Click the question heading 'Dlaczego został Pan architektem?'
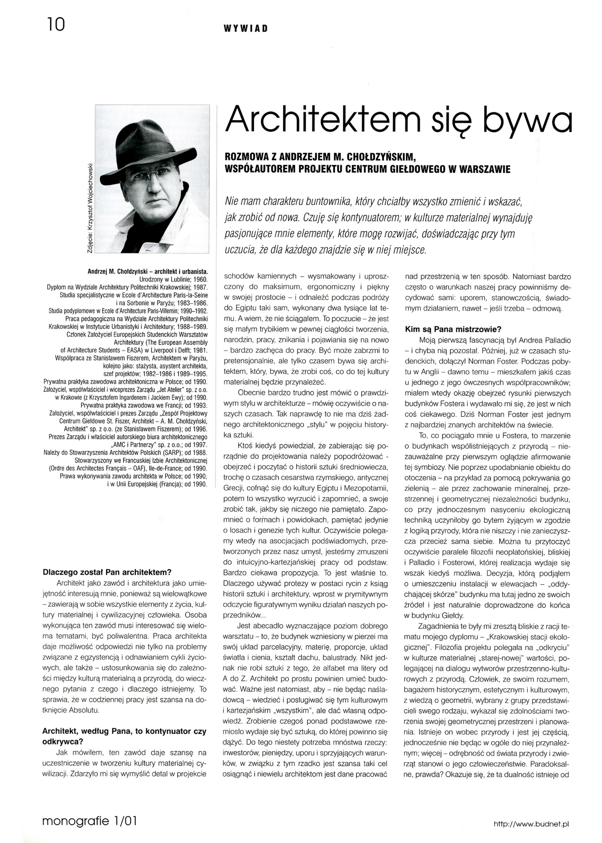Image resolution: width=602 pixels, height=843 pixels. (x=107, y=572)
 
